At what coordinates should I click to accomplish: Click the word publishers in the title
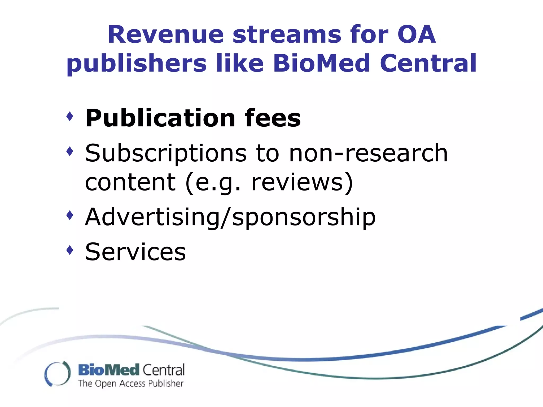point(137,64)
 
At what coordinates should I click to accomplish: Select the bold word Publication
point(160,118)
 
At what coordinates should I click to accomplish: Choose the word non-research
point(368,153)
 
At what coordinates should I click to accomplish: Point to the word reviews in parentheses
point(297,182)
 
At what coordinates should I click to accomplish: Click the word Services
point(135,252)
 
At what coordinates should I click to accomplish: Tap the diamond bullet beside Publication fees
point(70,116)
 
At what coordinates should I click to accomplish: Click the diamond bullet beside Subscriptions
point(70,151)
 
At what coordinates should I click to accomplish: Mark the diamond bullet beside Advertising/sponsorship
point(70,215)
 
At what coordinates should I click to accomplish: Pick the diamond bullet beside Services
point(70,250)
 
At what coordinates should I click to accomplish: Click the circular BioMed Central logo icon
point(58,374)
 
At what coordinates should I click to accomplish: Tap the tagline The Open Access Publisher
point(131,384)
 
